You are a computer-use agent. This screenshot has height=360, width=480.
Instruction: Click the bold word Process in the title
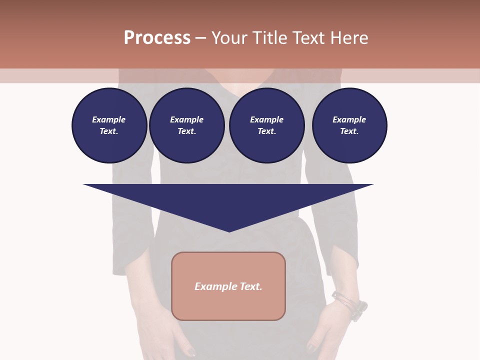coord(157,38)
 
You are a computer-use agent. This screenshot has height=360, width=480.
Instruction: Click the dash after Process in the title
coord(200,38)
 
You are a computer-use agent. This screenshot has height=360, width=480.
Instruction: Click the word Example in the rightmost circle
coord(349,119)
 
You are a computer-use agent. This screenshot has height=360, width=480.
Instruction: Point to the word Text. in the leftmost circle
coord(108,131)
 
